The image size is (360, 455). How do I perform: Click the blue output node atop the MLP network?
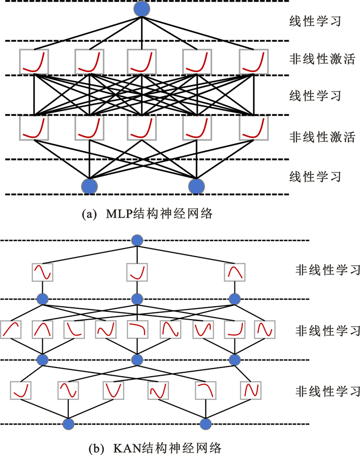[142, 8]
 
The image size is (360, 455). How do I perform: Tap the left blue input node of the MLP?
[89, 186]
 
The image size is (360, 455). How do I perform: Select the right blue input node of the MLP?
[196, 186]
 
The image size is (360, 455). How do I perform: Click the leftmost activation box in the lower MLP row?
[33, 128]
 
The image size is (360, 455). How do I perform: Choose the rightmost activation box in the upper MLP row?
[254, 61]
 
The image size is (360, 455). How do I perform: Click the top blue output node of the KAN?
[136, 240]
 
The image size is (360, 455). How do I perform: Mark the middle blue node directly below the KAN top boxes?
[136, 298]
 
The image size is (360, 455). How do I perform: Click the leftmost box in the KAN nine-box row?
[11, 330]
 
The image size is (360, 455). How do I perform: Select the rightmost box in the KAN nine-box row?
[263, 330]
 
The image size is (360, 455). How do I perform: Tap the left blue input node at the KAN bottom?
[68, 424]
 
